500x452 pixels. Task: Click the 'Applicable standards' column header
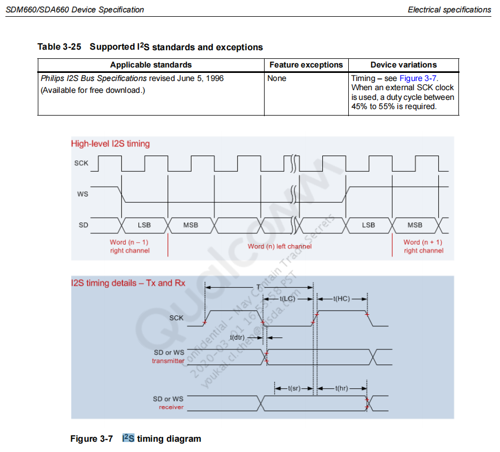coord(151,65)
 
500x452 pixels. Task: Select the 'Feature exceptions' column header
coord(306,65)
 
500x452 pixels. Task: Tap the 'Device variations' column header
coord(403,65)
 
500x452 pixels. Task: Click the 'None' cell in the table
coord(277,78)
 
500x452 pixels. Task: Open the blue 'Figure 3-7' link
coord(418,78)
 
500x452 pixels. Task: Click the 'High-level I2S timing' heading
coord(110,144)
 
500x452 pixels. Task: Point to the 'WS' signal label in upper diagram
coord(83,194)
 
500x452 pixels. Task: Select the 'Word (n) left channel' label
coord(280,246)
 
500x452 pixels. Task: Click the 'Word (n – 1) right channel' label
coord(130,246)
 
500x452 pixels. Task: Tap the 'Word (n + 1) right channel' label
coord(423,246)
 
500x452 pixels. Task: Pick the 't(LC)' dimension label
coord(287,299)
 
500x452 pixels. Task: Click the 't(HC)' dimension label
coord(341,299)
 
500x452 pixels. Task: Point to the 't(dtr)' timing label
coord(238,338)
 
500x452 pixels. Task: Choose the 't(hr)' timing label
coord(342,388)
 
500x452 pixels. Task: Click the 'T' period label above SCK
coord(258,287)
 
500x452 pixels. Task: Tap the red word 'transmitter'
coord(168,361)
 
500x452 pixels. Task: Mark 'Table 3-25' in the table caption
coord(59,47)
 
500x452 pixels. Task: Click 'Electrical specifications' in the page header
coord(449,9)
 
